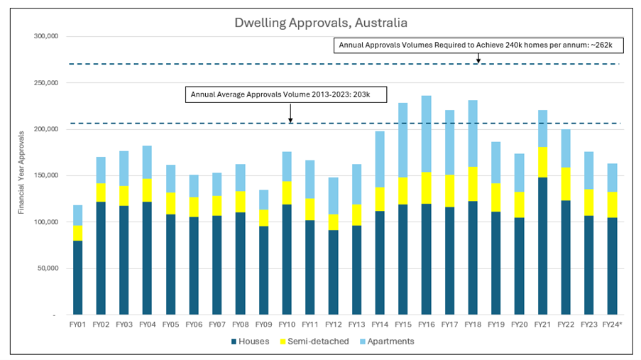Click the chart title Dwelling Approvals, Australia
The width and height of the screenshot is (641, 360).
[x=321, y=23]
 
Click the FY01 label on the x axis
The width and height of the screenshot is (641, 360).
[x=77, y=324]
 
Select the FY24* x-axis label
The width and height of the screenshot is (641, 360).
[x=613, y=324]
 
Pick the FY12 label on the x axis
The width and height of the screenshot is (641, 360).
[x=334, y=324]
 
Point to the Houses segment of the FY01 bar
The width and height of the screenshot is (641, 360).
[x=77, y=277]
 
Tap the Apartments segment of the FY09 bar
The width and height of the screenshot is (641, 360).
[x=263, y=200]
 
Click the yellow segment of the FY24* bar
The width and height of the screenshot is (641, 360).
[x=613, y=204]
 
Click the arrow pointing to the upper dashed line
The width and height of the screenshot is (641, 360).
[x=478, y=58]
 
